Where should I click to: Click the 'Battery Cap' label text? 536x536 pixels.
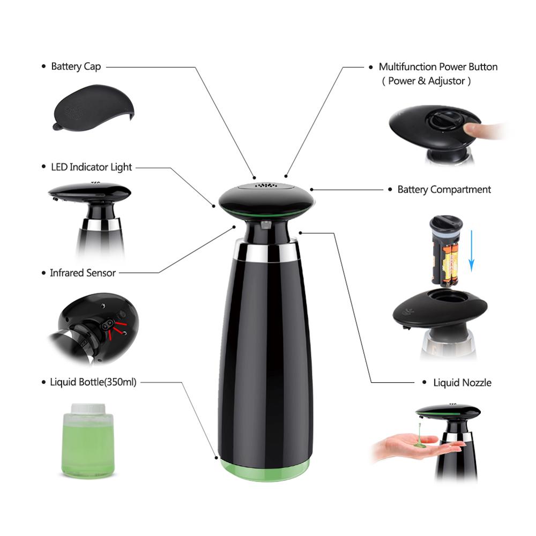point(76,66)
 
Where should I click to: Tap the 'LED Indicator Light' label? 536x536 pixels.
point(91,167)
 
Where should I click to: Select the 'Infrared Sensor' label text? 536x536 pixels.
point(83,273)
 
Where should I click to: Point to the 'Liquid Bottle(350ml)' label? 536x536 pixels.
point(93,382)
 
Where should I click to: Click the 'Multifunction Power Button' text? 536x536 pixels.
point(438,66)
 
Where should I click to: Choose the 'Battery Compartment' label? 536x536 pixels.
point(444,189)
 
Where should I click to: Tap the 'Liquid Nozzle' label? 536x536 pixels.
point(462,383)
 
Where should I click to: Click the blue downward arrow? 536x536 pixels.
point(471,250)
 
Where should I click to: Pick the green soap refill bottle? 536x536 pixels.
point(88,441)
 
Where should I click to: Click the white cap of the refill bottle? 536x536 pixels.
point(88,408)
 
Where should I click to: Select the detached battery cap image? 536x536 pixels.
point(93,108)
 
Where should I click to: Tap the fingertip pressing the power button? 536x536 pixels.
point(472,130)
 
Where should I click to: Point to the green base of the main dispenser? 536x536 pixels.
point(265,470)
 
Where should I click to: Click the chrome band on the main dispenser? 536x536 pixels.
point(266,252)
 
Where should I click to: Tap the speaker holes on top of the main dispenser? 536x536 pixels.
point(266,186)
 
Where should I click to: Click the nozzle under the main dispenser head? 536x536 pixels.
point(266,225)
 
